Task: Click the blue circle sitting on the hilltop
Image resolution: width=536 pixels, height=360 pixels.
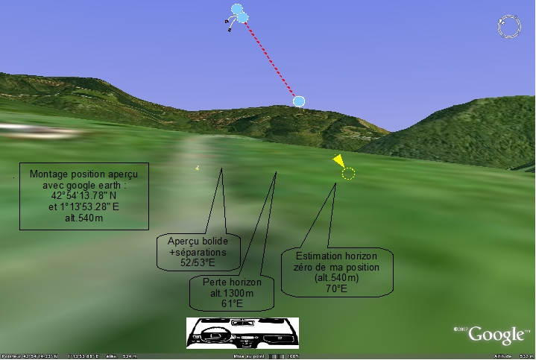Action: pos(299,101)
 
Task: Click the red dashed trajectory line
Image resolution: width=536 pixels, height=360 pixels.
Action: pos(270,59)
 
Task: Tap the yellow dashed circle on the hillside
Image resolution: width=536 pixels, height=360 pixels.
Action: pos(348,174)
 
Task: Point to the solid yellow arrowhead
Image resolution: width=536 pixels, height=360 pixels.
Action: pos(338,160)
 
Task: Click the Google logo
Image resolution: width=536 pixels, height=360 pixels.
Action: pos(496,334)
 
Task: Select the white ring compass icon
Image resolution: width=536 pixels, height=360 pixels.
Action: pos(510,27)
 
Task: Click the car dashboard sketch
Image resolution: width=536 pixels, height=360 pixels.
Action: pos(242,332)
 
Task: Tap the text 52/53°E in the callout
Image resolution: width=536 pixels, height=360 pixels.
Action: pos(198,263)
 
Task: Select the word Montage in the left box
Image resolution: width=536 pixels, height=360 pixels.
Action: pos(50,174)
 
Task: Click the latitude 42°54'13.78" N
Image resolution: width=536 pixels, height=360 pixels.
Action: pos(78,195)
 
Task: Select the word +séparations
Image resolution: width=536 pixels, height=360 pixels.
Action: pos(197,252)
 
